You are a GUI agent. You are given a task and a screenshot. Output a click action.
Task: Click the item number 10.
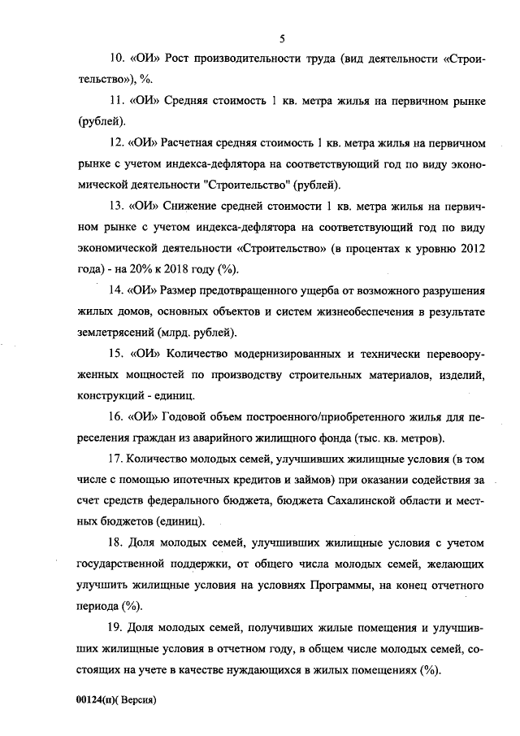point(115,59)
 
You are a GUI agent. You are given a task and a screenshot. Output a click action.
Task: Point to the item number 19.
point(115,629)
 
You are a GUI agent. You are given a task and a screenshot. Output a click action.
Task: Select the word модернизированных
point(284,355)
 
